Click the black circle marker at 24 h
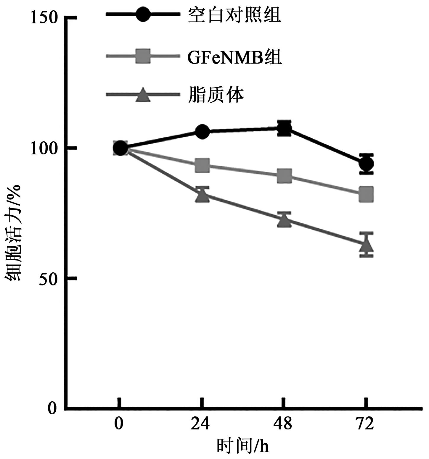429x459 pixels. click(202, 132)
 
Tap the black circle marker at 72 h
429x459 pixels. click(366, 164)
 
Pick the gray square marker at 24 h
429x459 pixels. click(202, 165)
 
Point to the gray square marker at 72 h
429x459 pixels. click(366, 194)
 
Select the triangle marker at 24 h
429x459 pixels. click(202, 195)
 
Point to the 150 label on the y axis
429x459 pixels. click(44, 18)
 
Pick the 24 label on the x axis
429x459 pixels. click(200, 424)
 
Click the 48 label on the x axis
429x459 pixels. click(282, 424)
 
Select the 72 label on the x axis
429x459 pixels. click(365, 424)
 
